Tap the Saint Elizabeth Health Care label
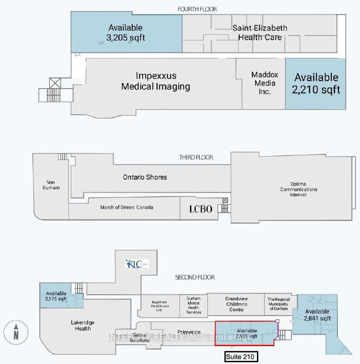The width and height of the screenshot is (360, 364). (x=260, y=33)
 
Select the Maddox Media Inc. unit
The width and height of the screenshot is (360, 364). (x=260, y=83)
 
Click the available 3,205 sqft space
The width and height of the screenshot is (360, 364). (x=125, y=33)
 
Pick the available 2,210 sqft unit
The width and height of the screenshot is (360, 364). (x=316, y=83)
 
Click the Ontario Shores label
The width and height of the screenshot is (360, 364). (x=145, y=177)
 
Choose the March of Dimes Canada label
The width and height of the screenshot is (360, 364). (x=126, y=207)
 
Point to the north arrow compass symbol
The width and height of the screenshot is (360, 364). (x=16, y=331)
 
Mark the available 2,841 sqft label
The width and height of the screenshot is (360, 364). (x=317, y=315)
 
